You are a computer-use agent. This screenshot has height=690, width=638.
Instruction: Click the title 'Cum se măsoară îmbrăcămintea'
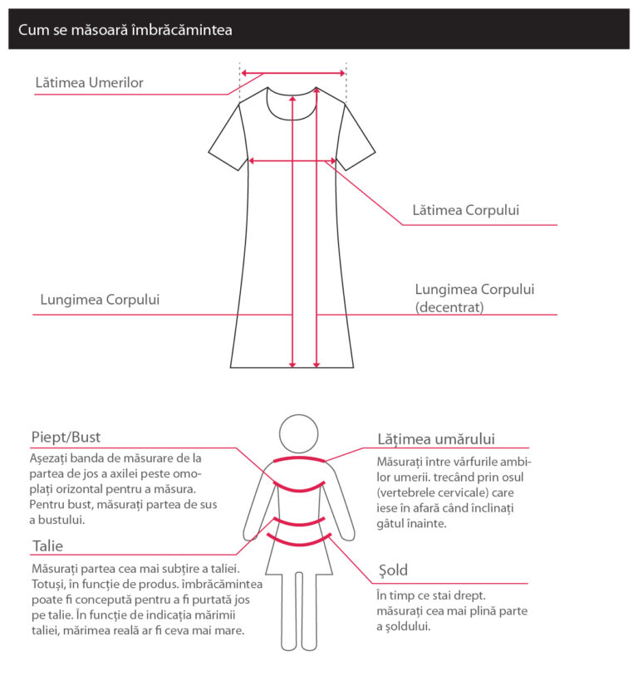[125, 30]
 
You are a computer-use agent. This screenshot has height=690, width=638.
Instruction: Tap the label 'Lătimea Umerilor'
[90, 83]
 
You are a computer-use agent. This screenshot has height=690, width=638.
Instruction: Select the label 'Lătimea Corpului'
[466, 210]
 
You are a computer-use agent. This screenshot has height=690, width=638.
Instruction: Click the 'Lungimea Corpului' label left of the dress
[100, 300]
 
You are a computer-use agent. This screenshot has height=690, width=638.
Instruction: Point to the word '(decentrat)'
[449, 306]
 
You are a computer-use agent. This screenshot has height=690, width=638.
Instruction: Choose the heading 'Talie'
[47, 546]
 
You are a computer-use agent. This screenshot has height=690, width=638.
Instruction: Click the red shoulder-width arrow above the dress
[292, 73]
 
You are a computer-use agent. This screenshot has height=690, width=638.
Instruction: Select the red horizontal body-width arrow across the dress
[292, 160]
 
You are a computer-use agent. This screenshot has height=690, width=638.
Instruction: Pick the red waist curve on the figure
[299, 521]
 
